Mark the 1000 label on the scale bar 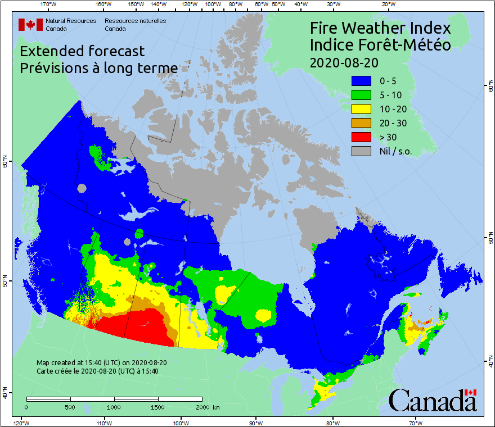point(114,407)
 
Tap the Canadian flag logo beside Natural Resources point(30,25)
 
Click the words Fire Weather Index point(380,28)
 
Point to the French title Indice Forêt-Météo point(380,45)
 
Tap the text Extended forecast point(82,51)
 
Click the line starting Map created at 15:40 point(101,362)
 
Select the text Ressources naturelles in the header point(135,21)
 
